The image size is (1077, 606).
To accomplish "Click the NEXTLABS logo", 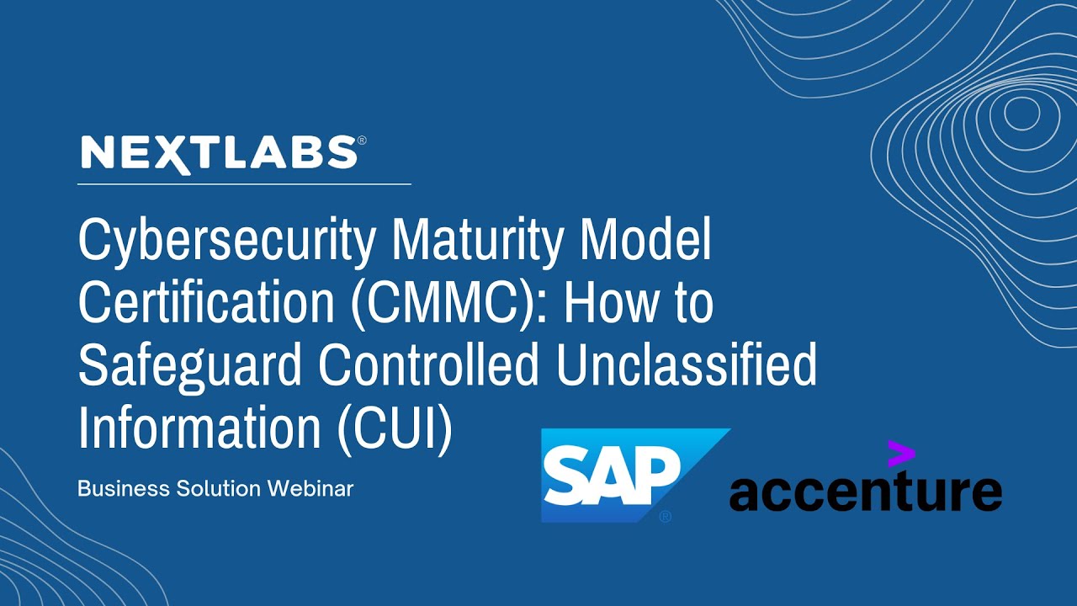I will click(x=219, y=154).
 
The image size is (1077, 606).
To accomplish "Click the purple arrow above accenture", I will click(x=900, y=454).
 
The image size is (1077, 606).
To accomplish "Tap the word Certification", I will click(x=207, y=304).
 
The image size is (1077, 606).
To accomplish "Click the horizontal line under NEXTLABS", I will click(x=244, y=183).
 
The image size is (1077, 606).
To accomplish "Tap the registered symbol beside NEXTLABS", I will click(x=362, y=141).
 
